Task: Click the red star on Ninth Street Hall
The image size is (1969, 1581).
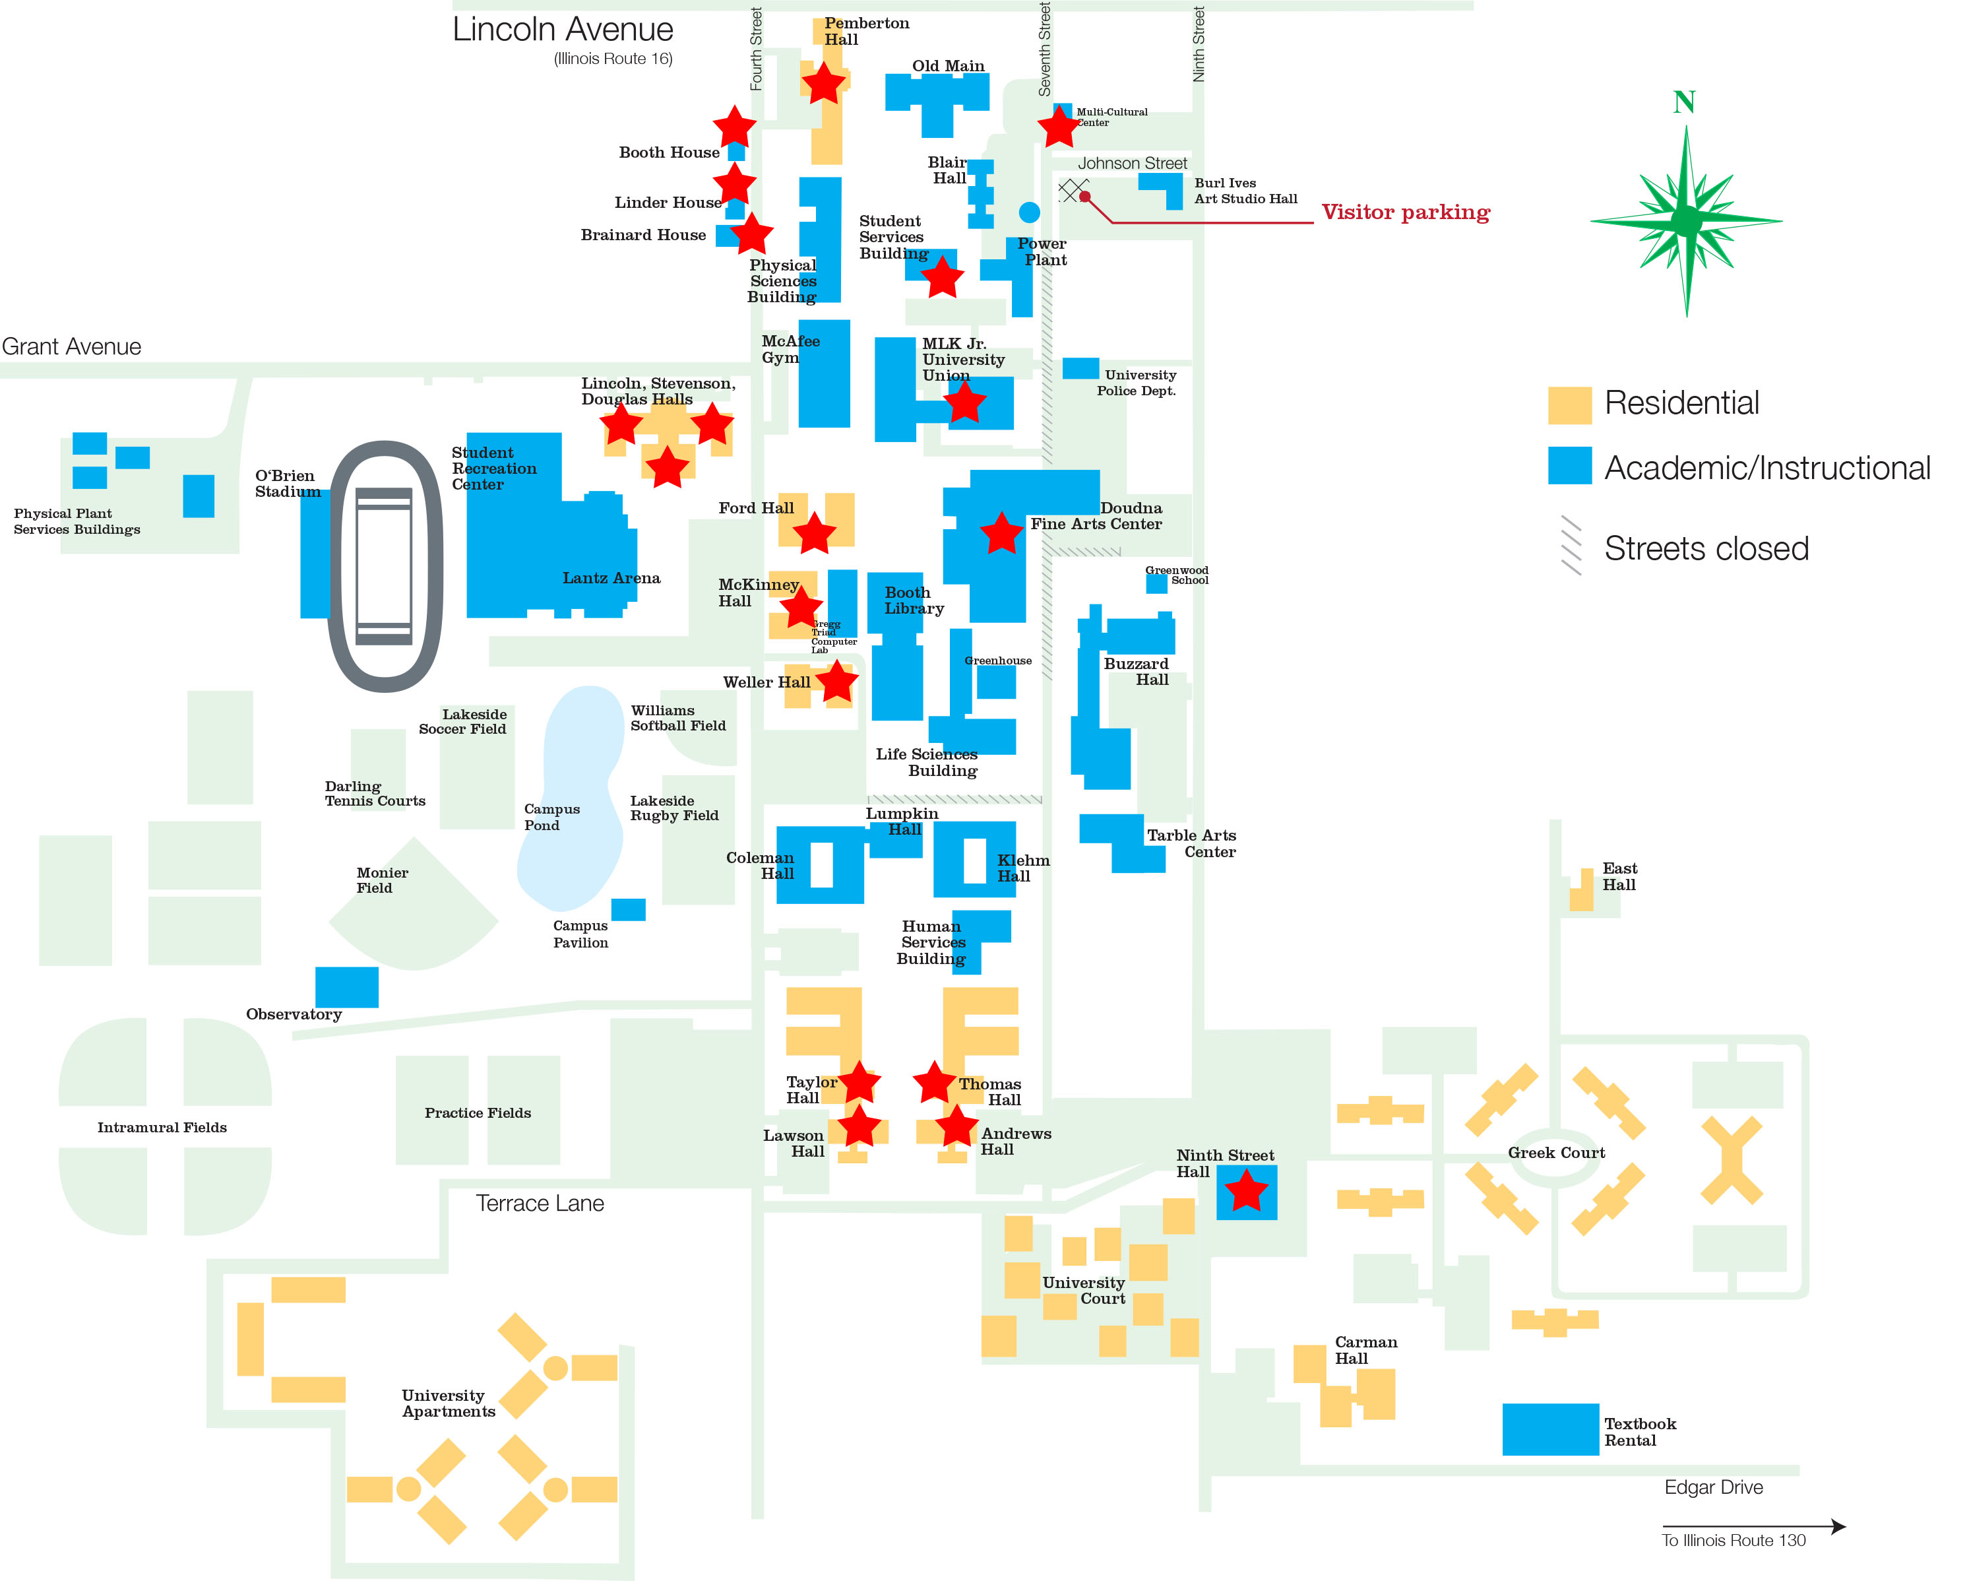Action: (x=1245, y=1191)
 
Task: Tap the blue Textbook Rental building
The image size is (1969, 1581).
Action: (x=1550, y=1429)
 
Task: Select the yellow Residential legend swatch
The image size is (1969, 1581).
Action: (x=1569, y=404)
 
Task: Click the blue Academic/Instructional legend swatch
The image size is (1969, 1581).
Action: (x=1569, y=465)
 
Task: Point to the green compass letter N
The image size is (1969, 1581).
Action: (x=1683, y=102)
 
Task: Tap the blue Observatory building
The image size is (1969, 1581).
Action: (x=346, y=986)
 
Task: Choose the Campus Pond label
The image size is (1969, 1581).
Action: (x=551, y=816)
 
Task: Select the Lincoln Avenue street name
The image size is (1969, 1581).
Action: (x=563, y=29)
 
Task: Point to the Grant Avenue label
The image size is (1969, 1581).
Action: (x=71, y=347)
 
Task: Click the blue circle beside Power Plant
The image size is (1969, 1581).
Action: (x=1029, y=212)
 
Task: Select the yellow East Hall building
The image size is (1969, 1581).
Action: (x=1582, y=891)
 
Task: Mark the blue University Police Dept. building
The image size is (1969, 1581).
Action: (x=1080, y=368)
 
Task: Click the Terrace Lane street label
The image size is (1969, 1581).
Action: (x=540, y=1203)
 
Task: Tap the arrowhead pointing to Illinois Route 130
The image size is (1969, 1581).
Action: (x=1838, y=1526)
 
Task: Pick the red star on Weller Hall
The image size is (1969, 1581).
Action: (x=836, y=682)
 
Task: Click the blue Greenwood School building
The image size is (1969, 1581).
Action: (x=1156, y=583)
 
